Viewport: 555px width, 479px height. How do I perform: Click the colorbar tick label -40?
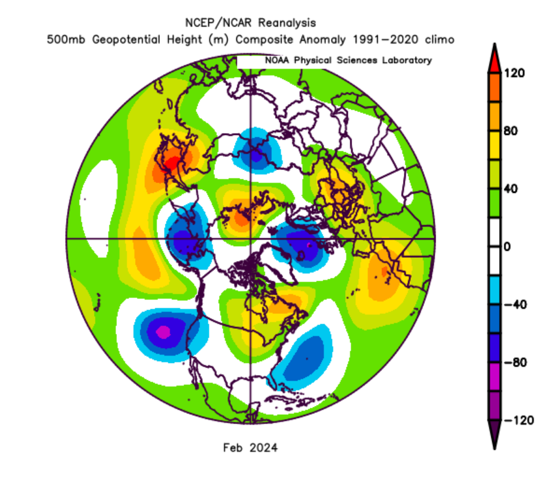(516, 305)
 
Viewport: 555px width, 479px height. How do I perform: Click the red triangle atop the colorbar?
(493, 57)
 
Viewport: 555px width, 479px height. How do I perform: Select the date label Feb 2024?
(250, 448)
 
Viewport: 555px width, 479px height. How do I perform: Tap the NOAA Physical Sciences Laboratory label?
(348, 60)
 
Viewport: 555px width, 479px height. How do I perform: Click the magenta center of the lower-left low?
(164, 332)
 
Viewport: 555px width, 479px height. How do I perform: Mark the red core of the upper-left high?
(171, 163)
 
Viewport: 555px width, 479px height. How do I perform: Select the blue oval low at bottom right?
(305, 358)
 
